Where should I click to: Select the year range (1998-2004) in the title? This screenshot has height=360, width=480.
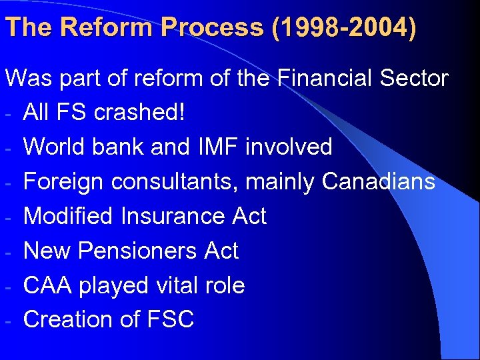[x=343, y=28]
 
